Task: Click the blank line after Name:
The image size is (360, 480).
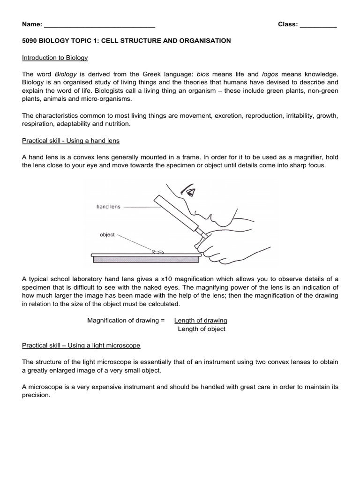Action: pos(99,25)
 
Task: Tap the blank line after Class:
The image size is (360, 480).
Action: pos(318,25)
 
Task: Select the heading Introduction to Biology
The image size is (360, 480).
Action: pos(55,58)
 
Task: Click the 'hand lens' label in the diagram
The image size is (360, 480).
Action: pos(108,207)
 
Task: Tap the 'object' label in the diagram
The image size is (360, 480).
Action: pos(107,234)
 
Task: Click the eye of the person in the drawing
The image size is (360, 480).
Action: pos(190,192)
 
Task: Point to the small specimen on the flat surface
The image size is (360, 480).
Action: pos(158,252)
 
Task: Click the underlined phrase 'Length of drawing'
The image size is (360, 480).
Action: pos(201,321)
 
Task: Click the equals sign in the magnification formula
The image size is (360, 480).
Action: pos(163,321)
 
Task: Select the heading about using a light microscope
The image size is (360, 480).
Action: pos(81,345)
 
